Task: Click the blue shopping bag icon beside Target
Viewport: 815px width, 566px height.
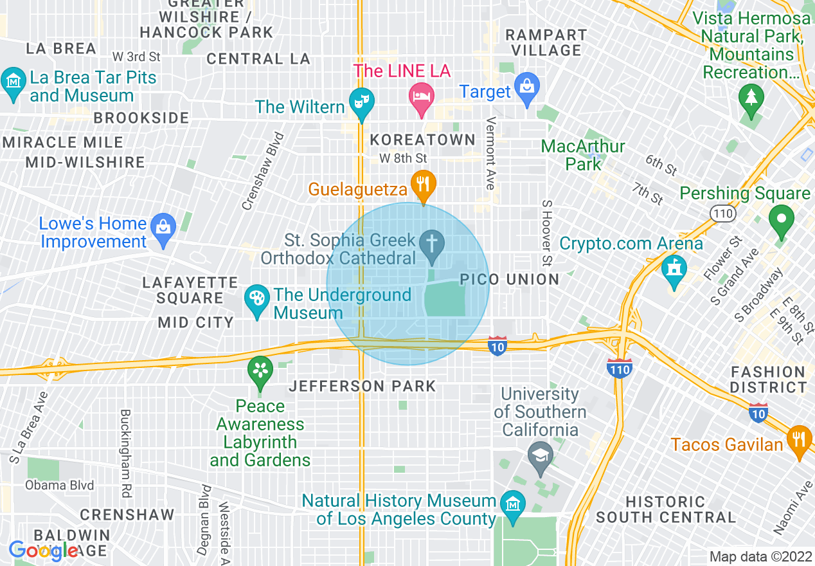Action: (527, 89)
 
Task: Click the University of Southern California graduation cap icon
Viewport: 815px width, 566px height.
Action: (540, 455)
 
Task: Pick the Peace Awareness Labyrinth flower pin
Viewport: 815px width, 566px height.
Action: (260, 370)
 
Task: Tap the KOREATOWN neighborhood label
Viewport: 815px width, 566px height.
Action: (423, 140)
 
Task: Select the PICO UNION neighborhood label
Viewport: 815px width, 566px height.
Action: (510, 279)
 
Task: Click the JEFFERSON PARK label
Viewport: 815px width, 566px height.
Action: (363, 386)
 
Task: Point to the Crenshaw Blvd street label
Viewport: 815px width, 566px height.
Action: (262, 172)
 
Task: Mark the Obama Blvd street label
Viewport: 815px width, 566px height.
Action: (60, 485)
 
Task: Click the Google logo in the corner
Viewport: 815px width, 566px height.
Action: (44, 551)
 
